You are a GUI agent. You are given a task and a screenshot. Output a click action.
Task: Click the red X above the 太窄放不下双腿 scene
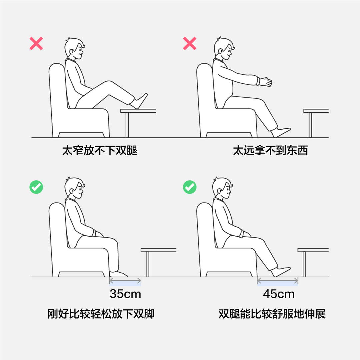(x=36, y=43)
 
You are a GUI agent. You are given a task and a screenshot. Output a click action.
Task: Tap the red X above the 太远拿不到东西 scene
(x=190, y=43)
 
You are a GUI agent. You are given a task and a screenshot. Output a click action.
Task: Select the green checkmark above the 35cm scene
(x=36, y=187)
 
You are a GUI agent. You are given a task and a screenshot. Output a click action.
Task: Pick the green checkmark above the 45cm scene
(x=190, y=187)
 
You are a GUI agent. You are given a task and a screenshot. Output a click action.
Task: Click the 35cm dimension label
(x=125, y=294)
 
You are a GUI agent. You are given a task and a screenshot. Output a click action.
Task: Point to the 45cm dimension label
(x=279, y=294)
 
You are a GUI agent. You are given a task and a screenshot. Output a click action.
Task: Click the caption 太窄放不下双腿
(x=100, y=151)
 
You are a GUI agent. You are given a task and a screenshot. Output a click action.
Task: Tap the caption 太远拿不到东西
(x=270, y=151)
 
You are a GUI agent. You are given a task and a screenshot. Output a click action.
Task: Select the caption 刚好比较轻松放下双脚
(x=101, y=314)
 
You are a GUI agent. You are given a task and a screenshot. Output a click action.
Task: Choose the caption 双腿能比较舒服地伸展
(x=272, y=314)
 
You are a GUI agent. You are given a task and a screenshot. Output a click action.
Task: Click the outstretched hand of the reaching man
(x=266, y=82)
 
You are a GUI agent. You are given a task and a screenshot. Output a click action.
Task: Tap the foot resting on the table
(x=140, y=101)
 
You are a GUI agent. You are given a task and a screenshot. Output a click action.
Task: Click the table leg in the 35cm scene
(x=147, y=264)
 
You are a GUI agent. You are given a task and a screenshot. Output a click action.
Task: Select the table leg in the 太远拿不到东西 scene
(x=310, y=125)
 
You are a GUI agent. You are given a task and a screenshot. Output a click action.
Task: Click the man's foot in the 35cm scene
(x=118, y=274)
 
